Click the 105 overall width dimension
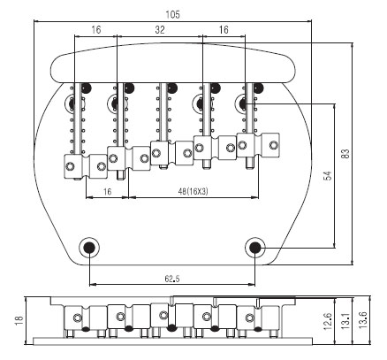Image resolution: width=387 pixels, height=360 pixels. (x=172, y=14)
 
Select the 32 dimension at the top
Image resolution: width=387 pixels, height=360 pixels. (x=160, y=29)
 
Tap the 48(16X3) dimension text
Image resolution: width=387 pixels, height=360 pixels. (x=193, y=192)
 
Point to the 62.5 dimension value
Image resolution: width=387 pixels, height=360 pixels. (x=172, y=279)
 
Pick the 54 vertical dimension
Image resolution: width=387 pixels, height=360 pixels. (x=328, y=175)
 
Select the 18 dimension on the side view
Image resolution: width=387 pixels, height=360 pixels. (x=19, y=320)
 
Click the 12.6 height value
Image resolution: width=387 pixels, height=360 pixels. (x=328, y=322)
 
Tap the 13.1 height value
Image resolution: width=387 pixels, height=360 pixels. (x=345, y=321)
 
